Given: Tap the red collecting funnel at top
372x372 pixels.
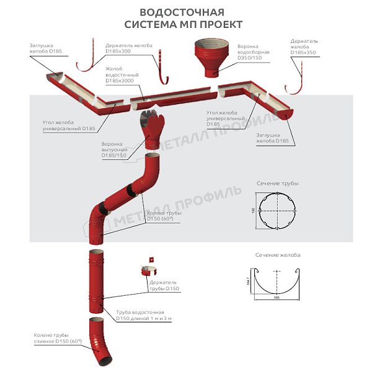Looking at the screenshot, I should pyautogui.click(x=213, y=56).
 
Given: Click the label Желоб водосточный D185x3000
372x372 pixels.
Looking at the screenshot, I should pyautogui.click(x=122, y=74).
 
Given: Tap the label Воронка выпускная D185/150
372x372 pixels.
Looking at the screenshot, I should pyautogui.click(x=115, y=149).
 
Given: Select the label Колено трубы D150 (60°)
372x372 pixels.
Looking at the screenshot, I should pyautogui.click(x=164, y=215).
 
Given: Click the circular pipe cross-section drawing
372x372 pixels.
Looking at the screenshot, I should pyautogui.click(x=277, y=211).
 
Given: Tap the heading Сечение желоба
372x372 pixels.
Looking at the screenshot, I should pyautogui.click(x=278, y=255).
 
